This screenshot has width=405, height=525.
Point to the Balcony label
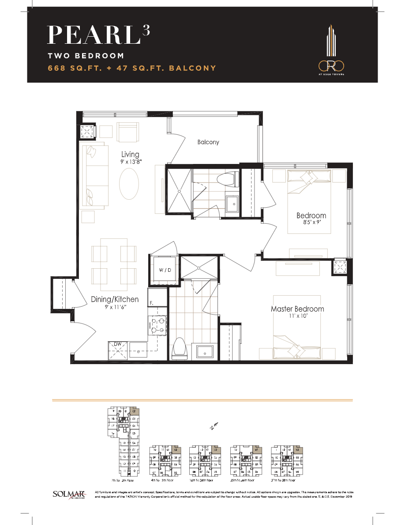coord(208,142)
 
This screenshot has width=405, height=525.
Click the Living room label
coord(130,154)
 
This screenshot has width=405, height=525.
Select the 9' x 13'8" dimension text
coord(130,162)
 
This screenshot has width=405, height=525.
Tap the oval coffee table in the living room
coord(130,185)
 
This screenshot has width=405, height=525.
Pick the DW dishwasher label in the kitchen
coord(118,344)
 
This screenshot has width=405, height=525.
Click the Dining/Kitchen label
coord(115,299)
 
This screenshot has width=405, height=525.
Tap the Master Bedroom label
coord(297,309)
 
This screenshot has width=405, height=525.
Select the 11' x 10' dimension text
coord(297,317)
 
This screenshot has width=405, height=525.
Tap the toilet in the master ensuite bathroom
coord(180,347)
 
